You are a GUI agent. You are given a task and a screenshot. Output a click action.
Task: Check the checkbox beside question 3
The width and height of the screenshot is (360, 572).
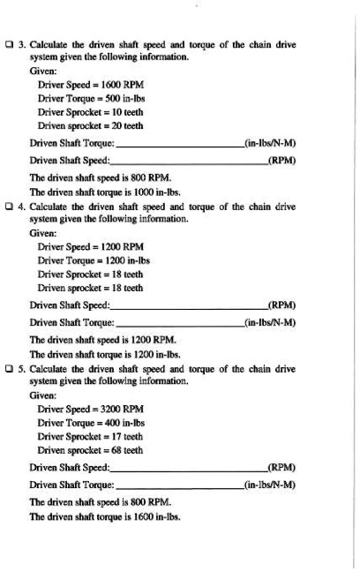tap(10, 40)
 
